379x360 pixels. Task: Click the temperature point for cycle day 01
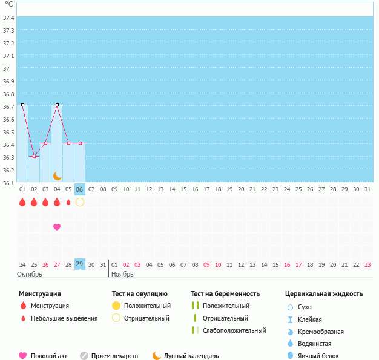(x=22, y=105)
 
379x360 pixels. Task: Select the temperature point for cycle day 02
(x=34, y=156)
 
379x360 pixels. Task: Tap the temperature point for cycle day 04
(x=57, y=105)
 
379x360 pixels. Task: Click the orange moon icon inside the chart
(x=58, y=176)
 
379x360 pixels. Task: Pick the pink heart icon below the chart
(x=57, y=227)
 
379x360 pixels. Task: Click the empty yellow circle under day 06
(x=80, y=202)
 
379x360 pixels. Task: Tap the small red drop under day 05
(x=68, y=202)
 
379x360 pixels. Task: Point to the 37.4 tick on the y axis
(x=9, y=18)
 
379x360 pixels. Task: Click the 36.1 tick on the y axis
(x=9, y=183)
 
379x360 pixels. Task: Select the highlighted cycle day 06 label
(x=80, y=189)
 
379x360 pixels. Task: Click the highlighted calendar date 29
(x=80, y=264)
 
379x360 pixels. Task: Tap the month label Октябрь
(x=29, y=274)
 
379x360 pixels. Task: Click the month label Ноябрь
(x=122, y=274)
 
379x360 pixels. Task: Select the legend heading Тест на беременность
(x=228, y=294)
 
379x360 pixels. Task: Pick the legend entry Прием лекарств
(x=114, y=356)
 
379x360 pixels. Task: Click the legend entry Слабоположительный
(x=234, y=331)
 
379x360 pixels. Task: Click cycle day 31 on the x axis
(x=367, y=189)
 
